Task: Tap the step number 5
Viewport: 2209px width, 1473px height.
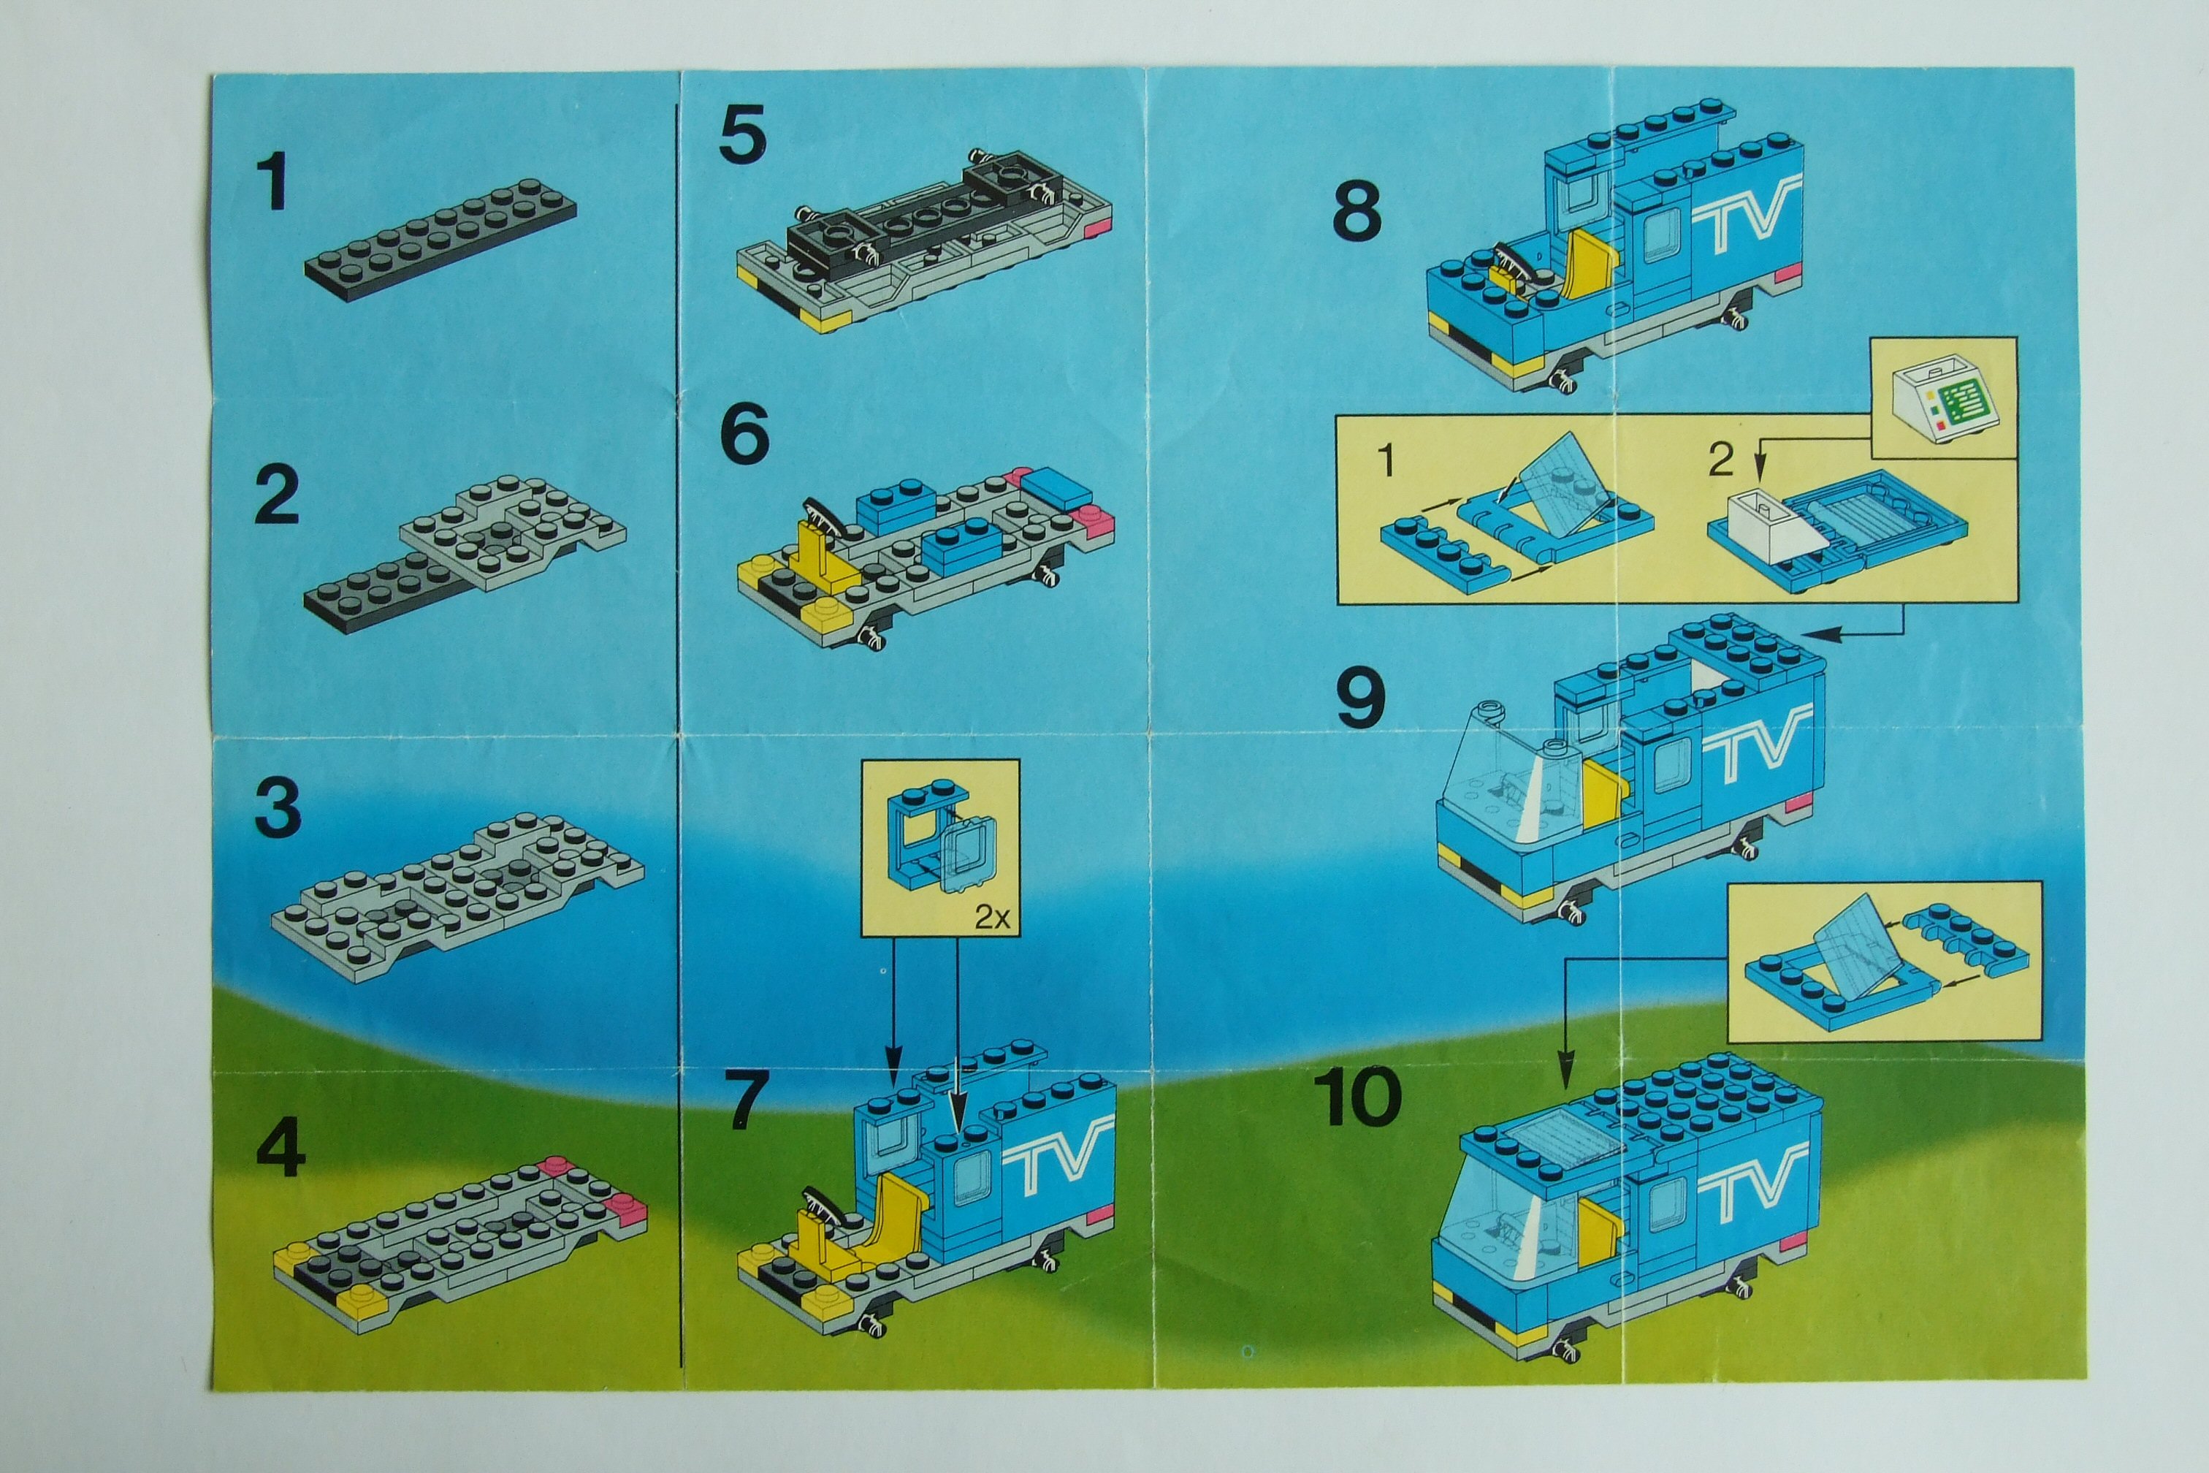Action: (743, 134)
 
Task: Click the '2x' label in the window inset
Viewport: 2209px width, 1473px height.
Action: (992, 916)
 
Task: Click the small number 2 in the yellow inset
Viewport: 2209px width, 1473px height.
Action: (1720, 460)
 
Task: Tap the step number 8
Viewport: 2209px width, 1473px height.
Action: (1357, 210)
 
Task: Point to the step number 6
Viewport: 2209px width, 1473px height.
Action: (744, 434)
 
